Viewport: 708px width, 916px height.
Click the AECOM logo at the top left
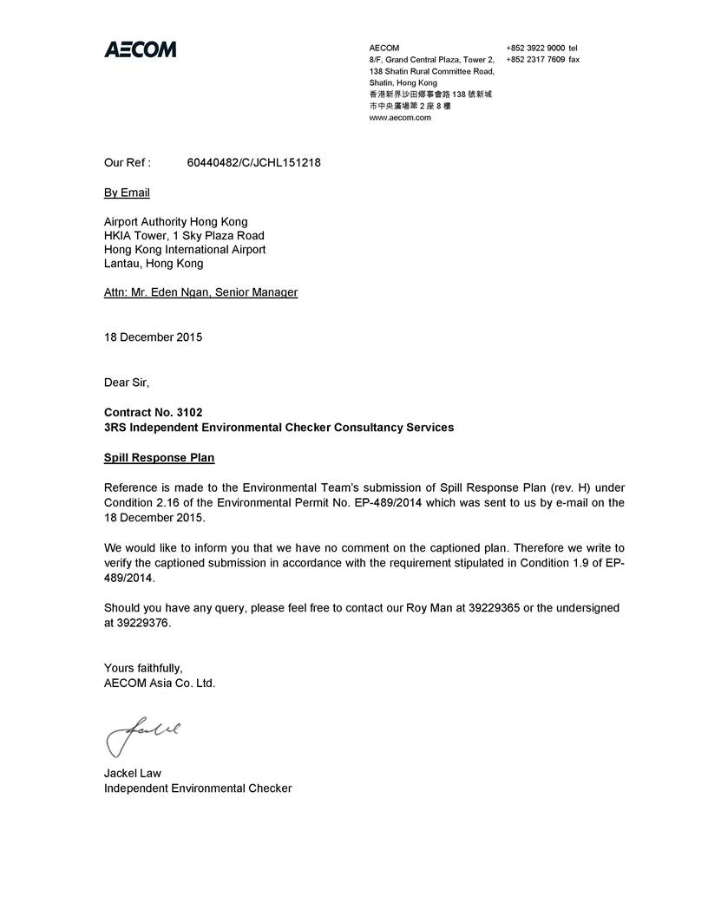140,49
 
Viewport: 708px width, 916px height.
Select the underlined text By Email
127,193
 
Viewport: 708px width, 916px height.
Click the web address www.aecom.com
400,117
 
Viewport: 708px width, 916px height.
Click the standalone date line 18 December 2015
153,337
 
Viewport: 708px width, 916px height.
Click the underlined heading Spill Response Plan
159,457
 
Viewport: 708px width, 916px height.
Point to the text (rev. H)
570,487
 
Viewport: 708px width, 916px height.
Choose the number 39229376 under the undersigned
145,623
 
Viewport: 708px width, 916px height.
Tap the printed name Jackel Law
133,773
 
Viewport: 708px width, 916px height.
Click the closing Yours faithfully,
143,668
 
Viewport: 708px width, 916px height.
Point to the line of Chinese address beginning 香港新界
430,94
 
